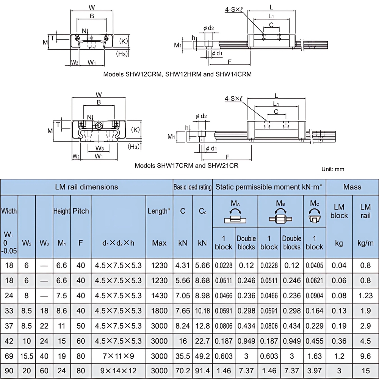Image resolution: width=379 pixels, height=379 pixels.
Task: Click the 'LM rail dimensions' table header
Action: [87, 187]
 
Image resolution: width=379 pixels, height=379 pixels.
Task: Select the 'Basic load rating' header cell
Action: [193, 187]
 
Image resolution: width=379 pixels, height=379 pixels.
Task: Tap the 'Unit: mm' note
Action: [333, 169]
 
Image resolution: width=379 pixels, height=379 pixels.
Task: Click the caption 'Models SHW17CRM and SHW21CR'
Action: [186, 166]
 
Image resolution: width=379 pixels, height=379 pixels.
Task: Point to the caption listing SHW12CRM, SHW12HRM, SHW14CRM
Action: [177, 74]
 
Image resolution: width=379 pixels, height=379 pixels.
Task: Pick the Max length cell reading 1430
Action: [159, 296]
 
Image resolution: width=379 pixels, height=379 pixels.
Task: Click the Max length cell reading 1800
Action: [159, 311]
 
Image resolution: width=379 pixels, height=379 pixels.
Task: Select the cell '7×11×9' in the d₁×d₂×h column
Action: [118, 356]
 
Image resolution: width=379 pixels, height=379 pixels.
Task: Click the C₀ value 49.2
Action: [202, 356]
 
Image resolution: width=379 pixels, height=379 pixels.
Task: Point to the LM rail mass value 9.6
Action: [365, 356]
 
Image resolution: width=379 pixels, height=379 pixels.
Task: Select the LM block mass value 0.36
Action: [339, 341]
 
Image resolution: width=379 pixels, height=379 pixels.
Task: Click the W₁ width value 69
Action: [9, 356]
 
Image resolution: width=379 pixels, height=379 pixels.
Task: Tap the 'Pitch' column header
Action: [80, 211]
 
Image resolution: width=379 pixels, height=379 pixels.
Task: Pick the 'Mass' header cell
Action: [352, 187]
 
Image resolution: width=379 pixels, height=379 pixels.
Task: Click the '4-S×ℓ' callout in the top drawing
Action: [234, 10]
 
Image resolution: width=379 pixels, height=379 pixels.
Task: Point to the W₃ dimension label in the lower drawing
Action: [100, 148]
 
